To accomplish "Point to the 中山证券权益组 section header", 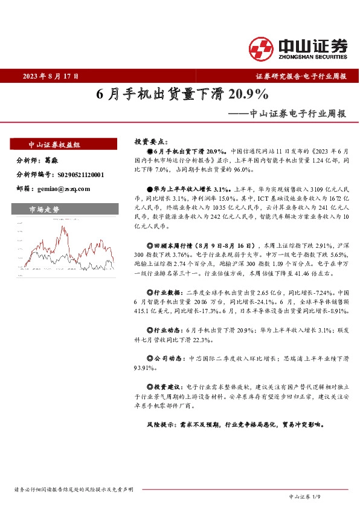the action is click(55, 144).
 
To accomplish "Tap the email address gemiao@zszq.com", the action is click(64, 189).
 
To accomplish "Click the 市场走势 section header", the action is click(45, 209).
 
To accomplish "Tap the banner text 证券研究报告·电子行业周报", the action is click(301, 77).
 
